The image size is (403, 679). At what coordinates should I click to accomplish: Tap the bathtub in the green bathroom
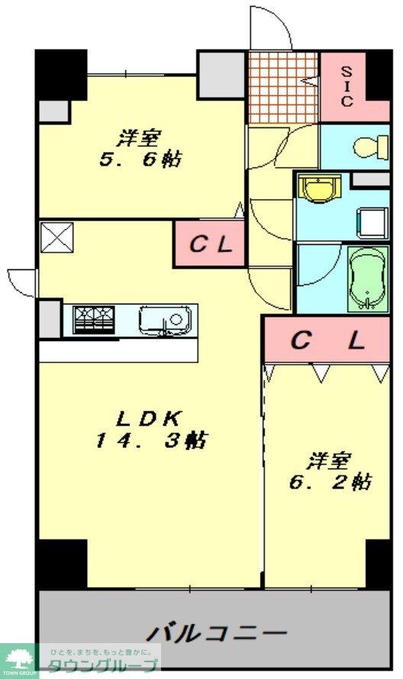point(368,279)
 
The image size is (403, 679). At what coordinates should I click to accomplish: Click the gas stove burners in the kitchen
point(94,319)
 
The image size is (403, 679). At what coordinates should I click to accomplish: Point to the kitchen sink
point(163,319)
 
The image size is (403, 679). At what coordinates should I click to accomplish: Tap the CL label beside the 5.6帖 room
point(209,245)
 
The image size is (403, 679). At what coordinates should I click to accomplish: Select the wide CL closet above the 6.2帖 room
point(327,340)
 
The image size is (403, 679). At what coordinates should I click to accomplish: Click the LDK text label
point(148,418)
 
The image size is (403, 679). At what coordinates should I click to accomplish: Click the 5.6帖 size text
point(140,161)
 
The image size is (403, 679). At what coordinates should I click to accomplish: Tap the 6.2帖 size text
point(330,482)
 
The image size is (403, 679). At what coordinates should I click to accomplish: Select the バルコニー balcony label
point(217,633)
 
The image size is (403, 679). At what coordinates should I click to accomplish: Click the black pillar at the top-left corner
point(61,74)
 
